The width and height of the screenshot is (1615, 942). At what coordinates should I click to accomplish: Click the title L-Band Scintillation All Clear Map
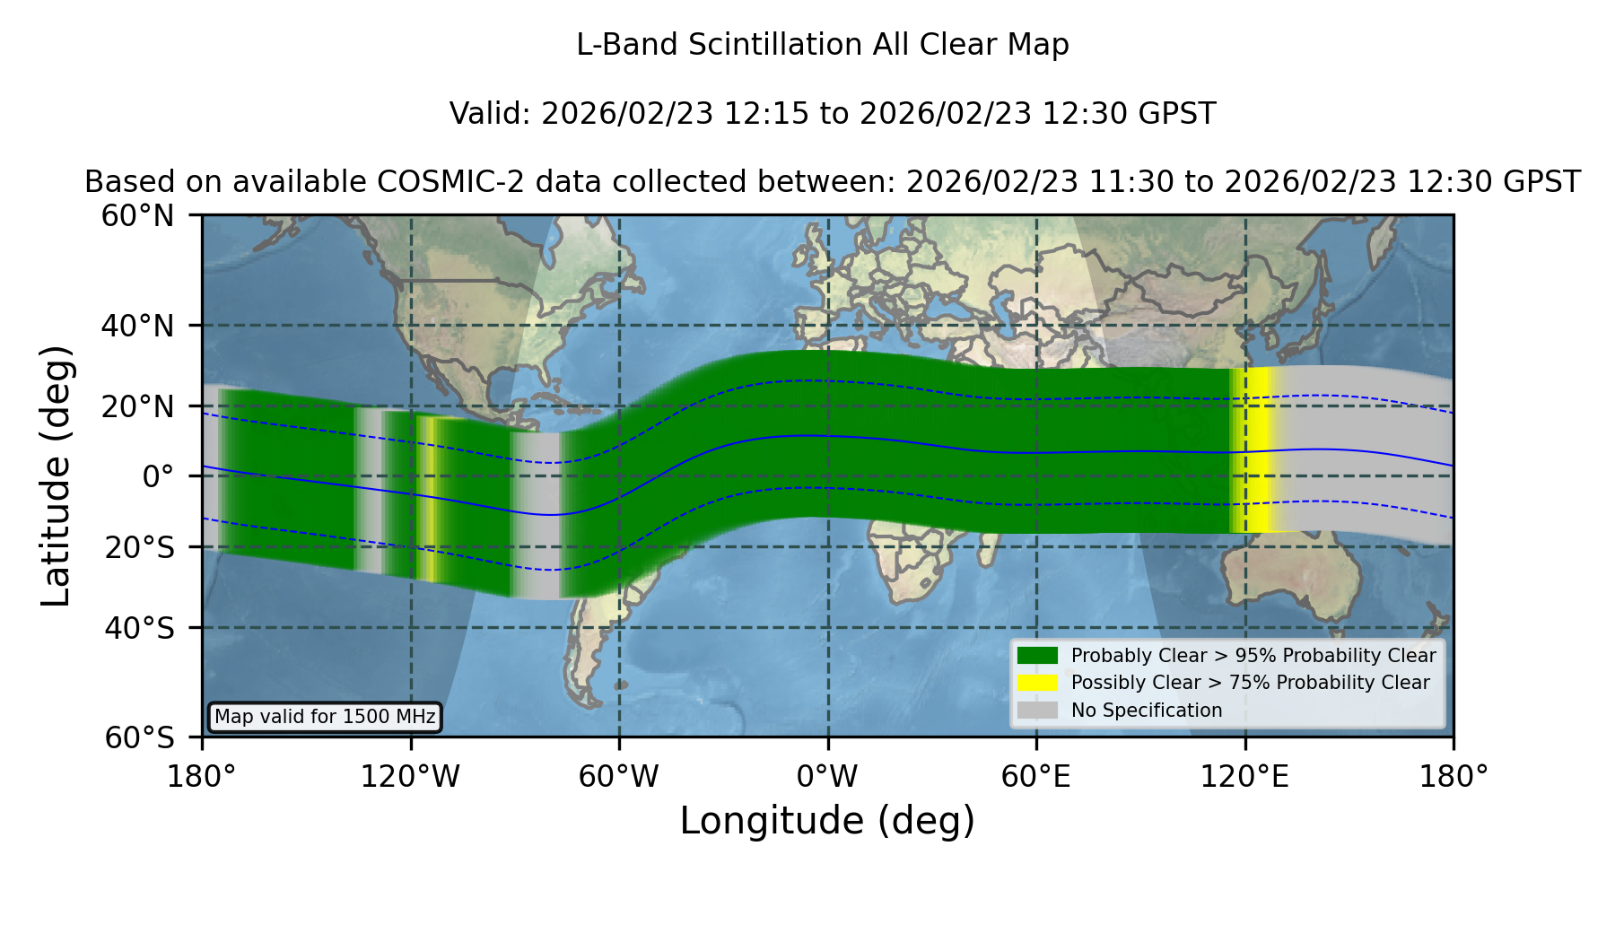pyautogui.click(x=822, y=45)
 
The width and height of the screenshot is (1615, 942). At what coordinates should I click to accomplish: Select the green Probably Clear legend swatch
pyautogui.click(x=1037, y=656)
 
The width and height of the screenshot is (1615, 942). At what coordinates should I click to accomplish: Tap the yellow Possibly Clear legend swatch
pyautogui.click(x=1037, y=683)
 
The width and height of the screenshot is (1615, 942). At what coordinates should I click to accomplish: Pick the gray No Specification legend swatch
pyautogui.click(x=1037, y=711)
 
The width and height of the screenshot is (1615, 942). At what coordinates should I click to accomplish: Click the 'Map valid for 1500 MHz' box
pyautogui.click(x=325, y=717)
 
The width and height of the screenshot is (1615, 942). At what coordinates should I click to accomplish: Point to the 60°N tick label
pyautogui.click(x=137, y=216)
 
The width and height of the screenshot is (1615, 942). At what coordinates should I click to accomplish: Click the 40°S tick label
pyautogui.click(x=139, y=628)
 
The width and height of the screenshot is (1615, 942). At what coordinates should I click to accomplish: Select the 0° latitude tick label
pyautogui.click(x=158, y=476)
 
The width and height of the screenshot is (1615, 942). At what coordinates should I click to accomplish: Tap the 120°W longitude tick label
pyautogui.click(x=410, y=777)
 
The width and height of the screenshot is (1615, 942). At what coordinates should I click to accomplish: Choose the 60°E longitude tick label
pyautogui.click(x=1036, y=777)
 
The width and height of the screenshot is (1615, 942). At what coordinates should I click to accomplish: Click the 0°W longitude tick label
pyautogui.click(x=827, y=777)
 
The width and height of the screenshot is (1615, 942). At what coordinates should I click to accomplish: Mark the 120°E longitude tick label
pyautogui.click(x=1244, y=777)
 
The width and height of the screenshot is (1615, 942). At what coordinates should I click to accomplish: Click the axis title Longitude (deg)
pyautogui.click(x=827, y=822)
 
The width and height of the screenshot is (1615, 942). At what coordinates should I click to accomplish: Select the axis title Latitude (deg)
pyautogui.click(x=57, y=475)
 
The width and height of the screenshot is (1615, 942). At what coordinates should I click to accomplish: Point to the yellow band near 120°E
pyautogui.click(x=1253, y=449)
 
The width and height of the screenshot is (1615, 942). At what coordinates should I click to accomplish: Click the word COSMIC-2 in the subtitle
pyautogui.click(x=435, y=182)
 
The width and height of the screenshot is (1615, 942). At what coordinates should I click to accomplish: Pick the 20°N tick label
pyautogui.click(x=137, y=406)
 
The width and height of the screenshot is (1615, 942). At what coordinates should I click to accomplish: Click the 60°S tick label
pyautogui.click(x=139, y=738)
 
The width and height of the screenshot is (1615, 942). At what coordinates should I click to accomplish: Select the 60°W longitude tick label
pyautogui.click(x=619, y=777)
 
